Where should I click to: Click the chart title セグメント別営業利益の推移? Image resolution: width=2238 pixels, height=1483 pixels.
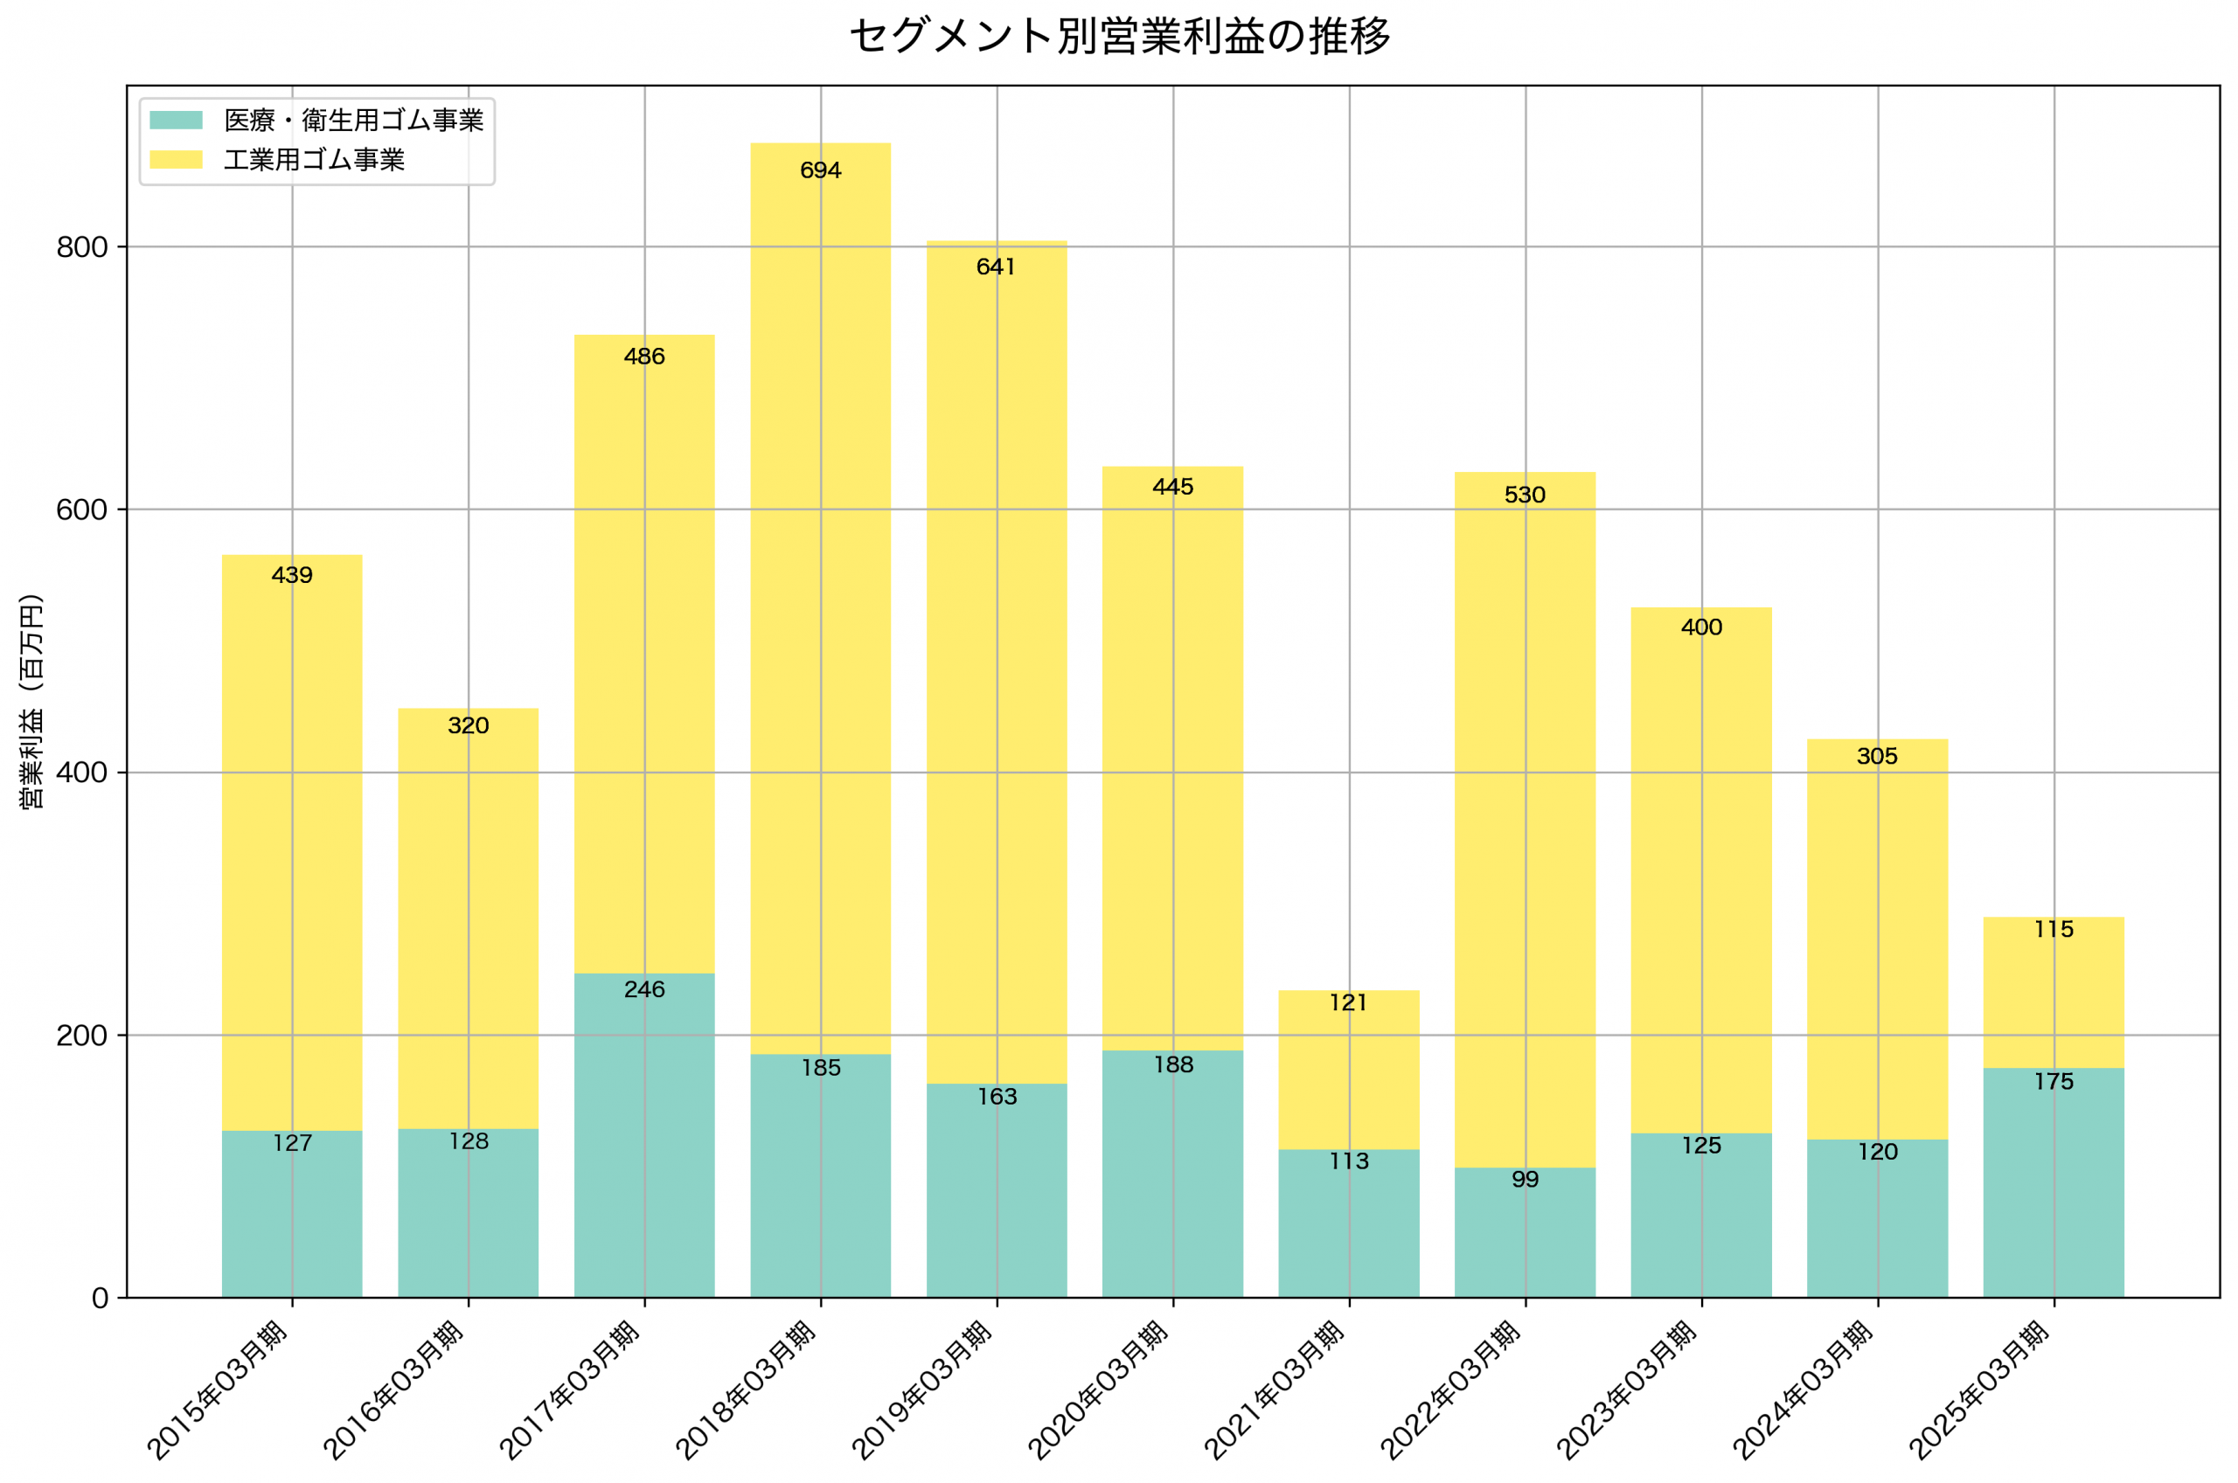(x=1119, y=37)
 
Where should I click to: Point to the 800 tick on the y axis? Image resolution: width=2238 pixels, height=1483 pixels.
(x=82, y=248)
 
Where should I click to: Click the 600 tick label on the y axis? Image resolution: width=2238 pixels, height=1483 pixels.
(x=82, y=509)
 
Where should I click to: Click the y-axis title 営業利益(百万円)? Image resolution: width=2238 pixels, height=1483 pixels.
(x=31, y=701)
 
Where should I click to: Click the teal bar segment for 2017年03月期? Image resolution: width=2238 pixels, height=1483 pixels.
(x=644, y=1135)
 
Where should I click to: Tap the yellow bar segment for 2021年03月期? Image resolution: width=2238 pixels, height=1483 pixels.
(x=1349, y=1070)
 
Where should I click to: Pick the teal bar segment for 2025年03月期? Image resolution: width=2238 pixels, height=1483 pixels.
(x=2054, y=1182)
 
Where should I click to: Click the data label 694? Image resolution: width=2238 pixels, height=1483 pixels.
(x=820, y=170)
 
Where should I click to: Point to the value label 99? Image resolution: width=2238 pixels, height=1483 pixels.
(x=1525, y=1180)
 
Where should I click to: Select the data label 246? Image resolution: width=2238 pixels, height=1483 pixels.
(x=644, y=989)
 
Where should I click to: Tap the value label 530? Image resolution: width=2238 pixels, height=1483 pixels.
(x=1525, y=495)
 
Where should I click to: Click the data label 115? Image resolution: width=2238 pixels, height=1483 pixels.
(x=2054, y=930)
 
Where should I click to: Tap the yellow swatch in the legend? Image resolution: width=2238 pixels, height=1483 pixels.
(x=176, y=160)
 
